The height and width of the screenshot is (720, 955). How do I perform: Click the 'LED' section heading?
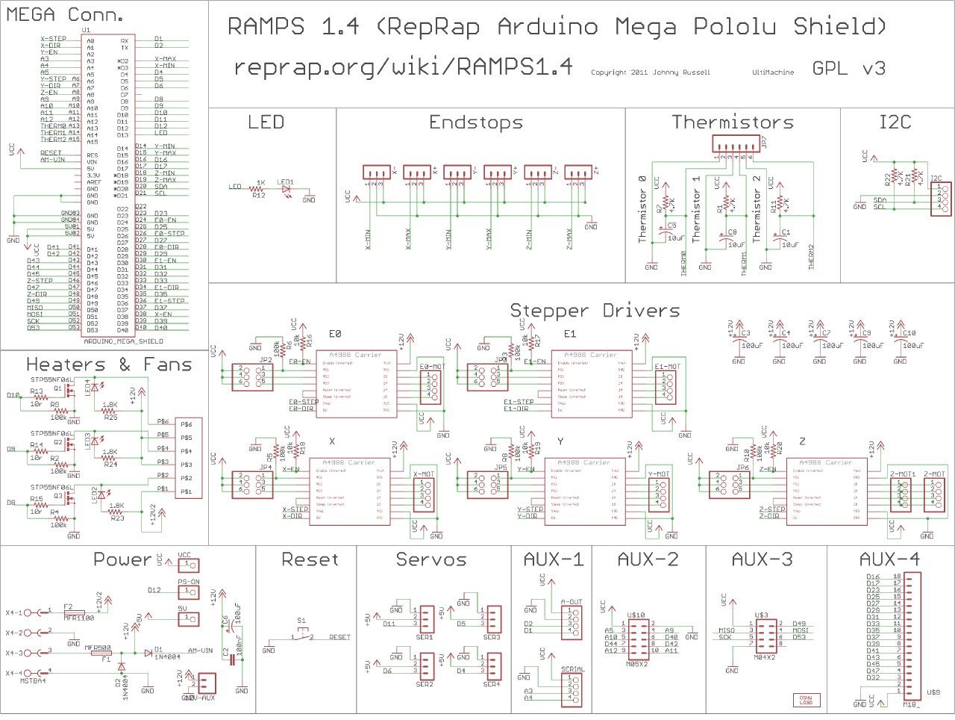coord(266,122)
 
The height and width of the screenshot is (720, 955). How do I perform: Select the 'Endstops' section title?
coord(476,122)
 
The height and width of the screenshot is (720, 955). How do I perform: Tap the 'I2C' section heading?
coord(895,122)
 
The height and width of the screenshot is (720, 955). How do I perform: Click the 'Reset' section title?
coord(310,559)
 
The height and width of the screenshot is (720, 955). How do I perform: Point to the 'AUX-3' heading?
coord(762,559)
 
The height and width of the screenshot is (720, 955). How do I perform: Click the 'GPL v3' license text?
coord(848,69)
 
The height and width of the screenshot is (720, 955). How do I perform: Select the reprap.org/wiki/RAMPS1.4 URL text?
coord(403,67)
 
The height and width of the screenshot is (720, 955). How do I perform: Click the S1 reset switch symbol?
coord(302,634)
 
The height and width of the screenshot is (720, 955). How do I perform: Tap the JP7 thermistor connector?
coord(734,143)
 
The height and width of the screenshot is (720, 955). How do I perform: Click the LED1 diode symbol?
coord(286,189)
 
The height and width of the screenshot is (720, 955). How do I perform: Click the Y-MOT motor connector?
coord(659,494)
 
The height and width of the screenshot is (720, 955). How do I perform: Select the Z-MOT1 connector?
coord(902,494)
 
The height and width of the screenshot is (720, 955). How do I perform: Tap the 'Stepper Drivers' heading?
coord(595,311)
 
